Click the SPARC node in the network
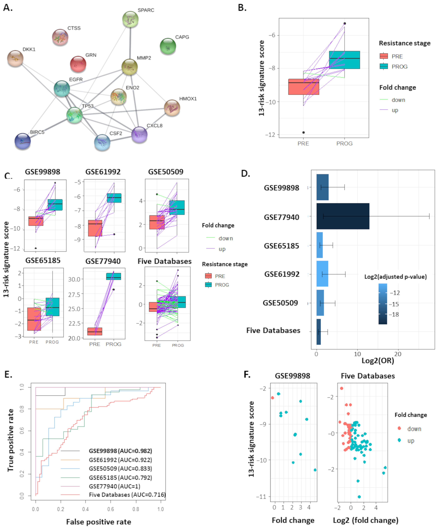pos(130,19)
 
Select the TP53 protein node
pos(74,115)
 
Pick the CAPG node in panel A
pos(168,46)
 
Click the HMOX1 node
pos(172,108)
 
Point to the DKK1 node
pos(15,58)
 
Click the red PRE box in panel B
pos(304,87)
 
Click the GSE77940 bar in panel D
pos(343,216)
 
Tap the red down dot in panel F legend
pos(399,428)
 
